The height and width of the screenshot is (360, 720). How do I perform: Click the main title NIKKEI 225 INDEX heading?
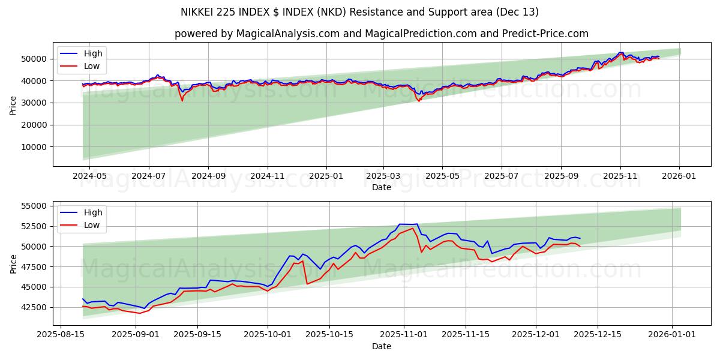coord(359,12)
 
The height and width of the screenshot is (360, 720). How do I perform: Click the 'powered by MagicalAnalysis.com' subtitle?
coord(381,34)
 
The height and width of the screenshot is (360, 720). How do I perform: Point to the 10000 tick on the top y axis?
coord(35,147)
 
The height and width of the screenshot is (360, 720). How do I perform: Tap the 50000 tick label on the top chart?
coord(35,59)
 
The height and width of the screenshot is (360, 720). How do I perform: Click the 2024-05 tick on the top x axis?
coord(89,176)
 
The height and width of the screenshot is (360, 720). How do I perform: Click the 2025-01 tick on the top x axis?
coord(326,176)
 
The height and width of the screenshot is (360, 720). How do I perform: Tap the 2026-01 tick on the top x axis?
coord(679,176)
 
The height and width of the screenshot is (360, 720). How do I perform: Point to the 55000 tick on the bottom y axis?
coord(35,206)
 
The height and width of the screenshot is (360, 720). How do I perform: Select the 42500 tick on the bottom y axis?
coord(35,307)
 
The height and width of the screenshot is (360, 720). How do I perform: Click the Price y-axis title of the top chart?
coord(13,105)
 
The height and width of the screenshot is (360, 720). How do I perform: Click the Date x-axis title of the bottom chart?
coord(381,346)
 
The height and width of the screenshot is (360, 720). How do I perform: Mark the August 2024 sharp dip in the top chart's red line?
coord(182,100)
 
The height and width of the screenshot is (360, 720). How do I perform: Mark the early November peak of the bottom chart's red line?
coord(412,229)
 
